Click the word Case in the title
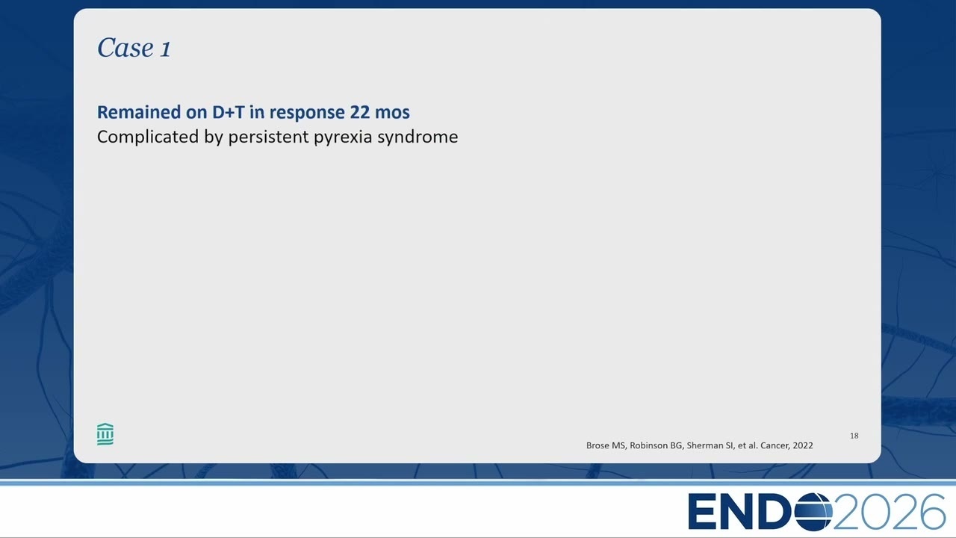tap(125, 47)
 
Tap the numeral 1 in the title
tap(166, 49)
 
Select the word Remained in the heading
tap(139, 112)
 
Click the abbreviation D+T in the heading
tap(229, 112)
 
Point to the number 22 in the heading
tap(360, 112)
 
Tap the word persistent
tap(268, 137)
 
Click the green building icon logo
tap(105, 434)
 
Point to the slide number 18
tap(854, 436)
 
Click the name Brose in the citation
tap(597, 445)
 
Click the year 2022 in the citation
tap(803, 445)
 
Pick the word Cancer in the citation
tap(775, 445)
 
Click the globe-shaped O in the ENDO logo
tap(813, 512)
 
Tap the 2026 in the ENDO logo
tap(890, 512)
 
